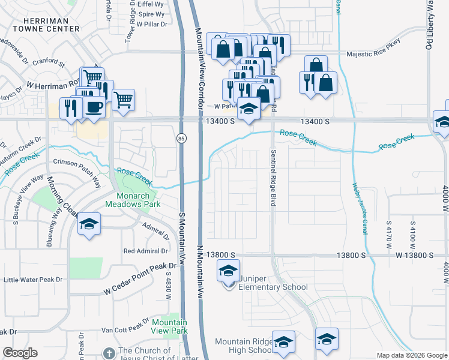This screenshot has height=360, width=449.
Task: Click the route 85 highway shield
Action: [181, 139]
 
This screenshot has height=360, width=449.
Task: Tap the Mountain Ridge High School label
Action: [244, 346]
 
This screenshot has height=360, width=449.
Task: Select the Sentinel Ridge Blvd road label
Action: [273, 178]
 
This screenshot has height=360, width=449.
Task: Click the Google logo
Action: [20, 353]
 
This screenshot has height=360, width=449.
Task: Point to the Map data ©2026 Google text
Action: [411, 355]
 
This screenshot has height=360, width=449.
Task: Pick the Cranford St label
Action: [49, 62]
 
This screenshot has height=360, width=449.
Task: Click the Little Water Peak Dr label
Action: [34, 280]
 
